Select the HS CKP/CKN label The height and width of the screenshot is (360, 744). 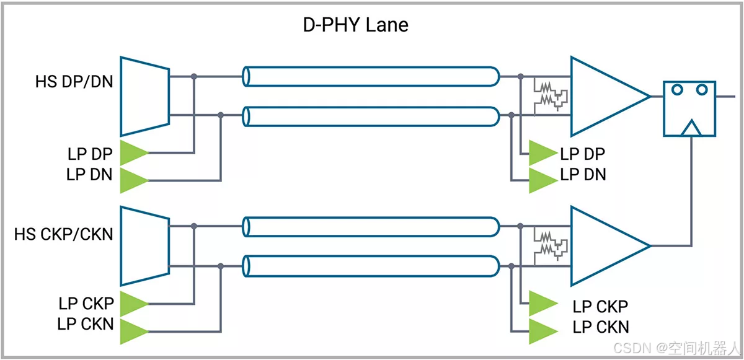64,234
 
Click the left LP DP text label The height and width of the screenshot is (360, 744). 90,154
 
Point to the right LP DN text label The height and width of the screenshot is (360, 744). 583,175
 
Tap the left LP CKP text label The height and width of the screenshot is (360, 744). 87,304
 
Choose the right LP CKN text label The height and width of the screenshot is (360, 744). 601,327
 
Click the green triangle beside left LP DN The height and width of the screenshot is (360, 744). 133,180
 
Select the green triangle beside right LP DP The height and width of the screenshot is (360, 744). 542,153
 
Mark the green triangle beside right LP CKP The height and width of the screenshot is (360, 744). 542,304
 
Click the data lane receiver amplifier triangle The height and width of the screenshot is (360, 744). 604,97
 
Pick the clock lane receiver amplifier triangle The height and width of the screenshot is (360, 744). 604,246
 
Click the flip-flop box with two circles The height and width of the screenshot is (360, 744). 689,108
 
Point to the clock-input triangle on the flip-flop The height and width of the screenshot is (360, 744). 690,128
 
